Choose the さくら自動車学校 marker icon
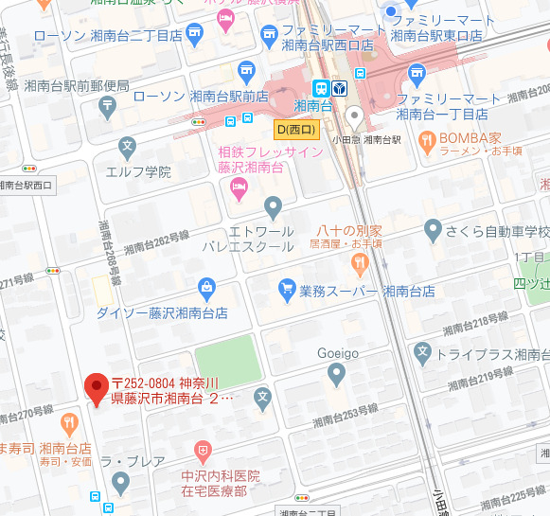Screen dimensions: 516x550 (433, 228)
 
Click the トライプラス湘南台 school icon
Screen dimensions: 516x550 (424, 355)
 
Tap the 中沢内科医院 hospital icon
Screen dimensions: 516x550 (202, 449)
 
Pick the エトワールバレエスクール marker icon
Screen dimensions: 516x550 (273, 205)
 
